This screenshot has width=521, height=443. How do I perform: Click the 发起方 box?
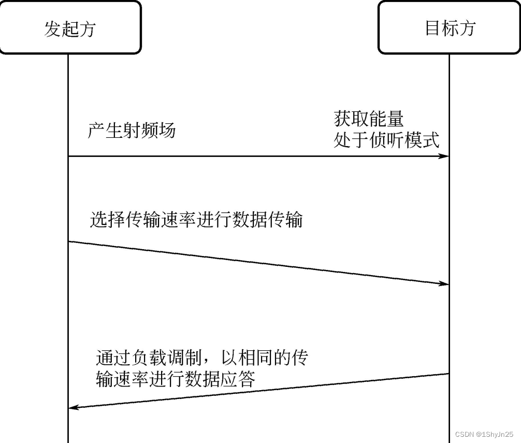click(70, 28)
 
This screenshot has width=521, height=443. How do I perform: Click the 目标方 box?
click(450, 28)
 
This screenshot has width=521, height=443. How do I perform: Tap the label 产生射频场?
click(132, 131)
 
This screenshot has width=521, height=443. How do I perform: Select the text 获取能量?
click(369, 119)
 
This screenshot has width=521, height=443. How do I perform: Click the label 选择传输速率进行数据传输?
click(196, 220)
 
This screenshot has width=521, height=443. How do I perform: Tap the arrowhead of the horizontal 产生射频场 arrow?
click(444, 156)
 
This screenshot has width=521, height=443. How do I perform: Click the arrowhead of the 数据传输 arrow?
click(444, 283)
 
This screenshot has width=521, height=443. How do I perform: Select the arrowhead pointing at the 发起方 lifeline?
click(74, 407)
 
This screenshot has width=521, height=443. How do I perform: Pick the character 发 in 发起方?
click(53, 28)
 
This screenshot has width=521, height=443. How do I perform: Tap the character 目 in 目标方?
click(432, 28)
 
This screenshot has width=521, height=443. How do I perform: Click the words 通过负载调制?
click(148, 358)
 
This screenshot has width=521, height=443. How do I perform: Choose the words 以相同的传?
click(265, 358)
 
